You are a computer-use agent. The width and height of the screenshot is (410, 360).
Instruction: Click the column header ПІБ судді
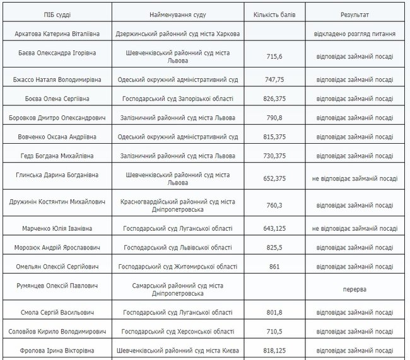coord(57,13)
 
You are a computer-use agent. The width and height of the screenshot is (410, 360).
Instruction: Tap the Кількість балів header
coord(273,13)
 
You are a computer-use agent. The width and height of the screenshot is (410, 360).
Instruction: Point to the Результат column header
coord(355,13)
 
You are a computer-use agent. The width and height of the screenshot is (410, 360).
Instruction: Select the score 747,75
coord(273,80)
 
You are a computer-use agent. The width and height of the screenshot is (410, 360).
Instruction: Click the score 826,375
coord(273,99)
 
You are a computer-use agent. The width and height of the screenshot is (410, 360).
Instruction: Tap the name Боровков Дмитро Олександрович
coord(57,118)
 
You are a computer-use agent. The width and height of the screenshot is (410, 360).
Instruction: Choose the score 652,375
coord(273,178)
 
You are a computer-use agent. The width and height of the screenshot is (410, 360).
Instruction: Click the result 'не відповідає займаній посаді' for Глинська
coord(355,178)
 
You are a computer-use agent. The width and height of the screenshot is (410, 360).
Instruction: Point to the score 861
coord(273,267)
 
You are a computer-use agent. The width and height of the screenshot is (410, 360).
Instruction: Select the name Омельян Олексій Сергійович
coord(57,267)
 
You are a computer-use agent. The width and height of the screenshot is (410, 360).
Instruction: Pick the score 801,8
coord(273,312)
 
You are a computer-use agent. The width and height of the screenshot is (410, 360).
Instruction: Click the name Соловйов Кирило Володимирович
coord(57,331)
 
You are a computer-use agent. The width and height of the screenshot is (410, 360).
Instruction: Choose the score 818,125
coord(273,350)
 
